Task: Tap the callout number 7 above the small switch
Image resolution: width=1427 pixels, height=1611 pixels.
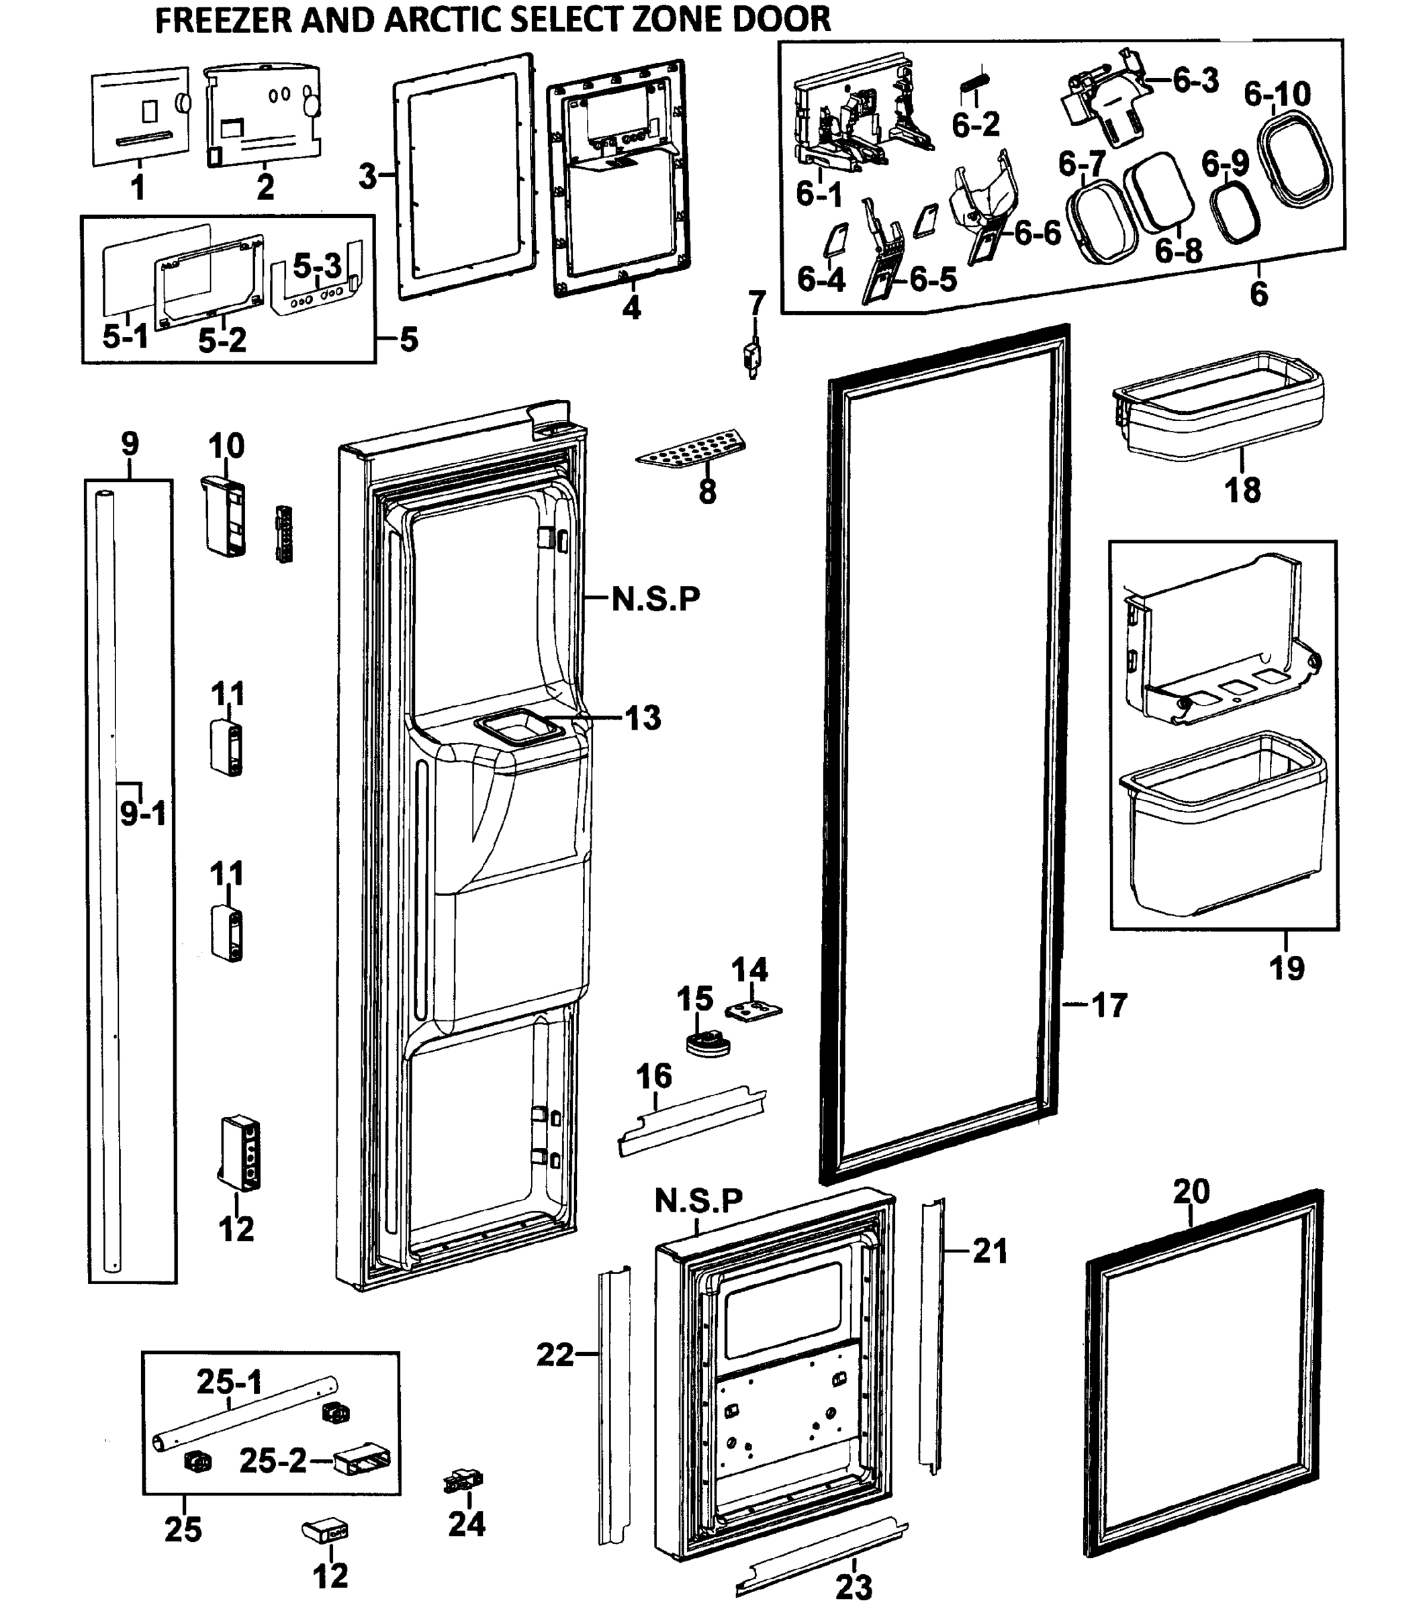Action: pos(756,302)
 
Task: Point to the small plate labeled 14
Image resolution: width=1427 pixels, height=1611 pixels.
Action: pos(753,1010)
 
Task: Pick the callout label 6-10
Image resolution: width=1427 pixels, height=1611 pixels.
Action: pos(1277,95)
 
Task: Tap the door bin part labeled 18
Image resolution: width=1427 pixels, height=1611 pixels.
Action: pos(1218,407)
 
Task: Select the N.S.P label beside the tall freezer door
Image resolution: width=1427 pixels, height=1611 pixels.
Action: pos(655,599)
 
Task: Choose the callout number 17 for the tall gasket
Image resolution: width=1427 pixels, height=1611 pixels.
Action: pos(1109,1005)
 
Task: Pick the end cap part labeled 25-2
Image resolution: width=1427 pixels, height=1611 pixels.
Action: pos(362,1462)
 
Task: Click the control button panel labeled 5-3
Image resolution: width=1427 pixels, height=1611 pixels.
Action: pos(318,289)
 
